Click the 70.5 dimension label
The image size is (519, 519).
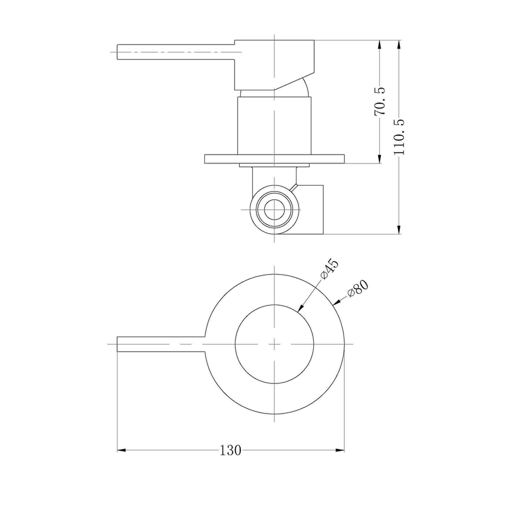380,101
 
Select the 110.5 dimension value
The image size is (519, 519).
399,137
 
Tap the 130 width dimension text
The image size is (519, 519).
231,450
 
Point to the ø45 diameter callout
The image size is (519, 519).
329,270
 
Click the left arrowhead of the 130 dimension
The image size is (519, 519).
122,450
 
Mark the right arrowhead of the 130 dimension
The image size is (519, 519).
340,450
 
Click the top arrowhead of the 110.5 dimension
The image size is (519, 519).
399,45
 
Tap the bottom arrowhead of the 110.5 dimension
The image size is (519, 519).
399,230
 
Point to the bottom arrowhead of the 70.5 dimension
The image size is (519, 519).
380,159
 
